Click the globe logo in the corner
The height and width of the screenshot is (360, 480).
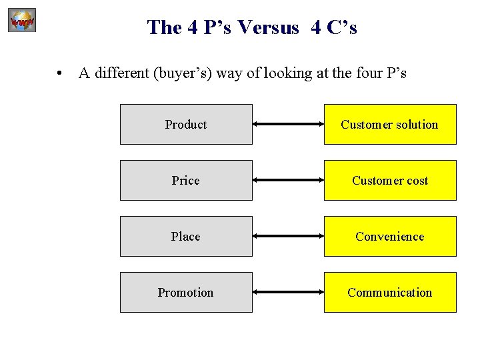[x=22, y=21]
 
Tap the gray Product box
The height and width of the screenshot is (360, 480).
[x=186, y=124]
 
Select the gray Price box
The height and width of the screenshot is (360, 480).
[x=186, y=180]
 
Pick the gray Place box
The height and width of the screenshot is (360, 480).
[x=186, y=236]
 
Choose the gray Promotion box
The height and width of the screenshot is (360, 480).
[x=186, y=292]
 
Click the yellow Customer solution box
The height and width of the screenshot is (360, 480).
[x=390, y=124]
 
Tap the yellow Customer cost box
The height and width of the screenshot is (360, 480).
[x=390, y=180]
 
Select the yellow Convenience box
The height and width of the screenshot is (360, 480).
[x=390, y=236]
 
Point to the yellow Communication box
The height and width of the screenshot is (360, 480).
[x=390, y=292]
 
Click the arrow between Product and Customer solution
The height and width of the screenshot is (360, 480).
[x=288, y=125]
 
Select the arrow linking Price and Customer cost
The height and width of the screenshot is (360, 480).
[x=288, y=181]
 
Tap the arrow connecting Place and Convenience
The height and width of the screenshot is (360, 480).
[x=288, y=237]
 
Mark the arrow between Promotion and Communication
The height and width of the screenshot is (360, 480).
[x=288, y=293]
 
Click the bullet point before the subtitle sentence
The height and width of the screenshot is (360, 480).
[x=60, y=74]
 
